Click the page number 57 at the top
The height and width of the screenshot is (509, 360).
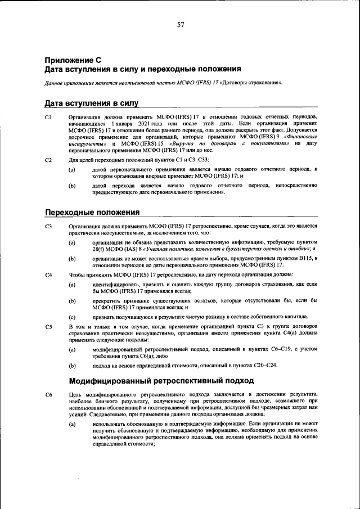click(180, 25)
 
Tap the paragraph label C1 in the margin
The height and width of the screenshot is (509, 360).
click(48, 116)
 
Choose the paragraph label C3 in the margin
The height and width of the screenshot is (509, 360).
click(48, 226)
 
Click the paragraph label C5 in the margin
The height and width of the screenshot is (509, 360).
click(48, 326)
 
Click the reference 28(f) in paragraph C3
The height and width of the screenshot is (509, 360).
click(100, 247)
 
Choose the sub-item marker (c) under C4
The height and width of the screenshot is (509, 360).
click(72, 317)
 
